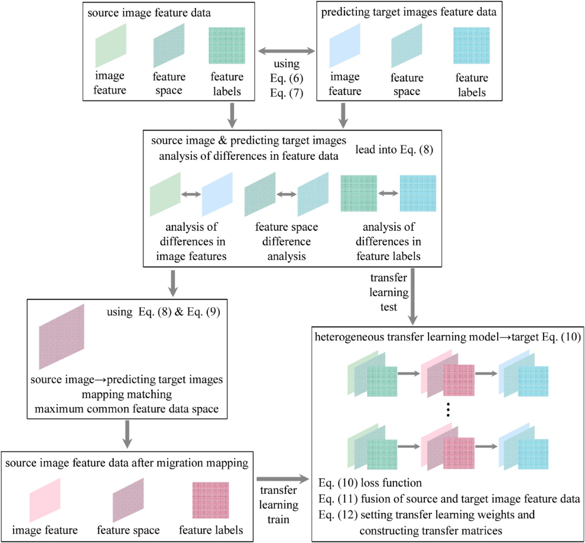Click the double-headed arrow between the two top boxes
[286, 50]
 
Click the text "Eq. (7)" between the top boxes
[287, 92]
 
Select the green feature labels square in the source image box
[227, 46]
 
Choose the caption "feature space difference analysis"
[287, 241]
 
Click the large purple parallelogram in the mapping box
[62, 337]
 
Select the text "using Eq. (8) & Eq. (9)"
[163, 312]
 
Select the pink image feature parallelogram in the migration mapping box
[45, 500]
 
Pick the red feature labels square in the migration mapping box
[211, 501]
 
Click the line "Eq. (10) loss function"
[370, 483]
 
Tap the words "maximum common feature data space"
[127, 408]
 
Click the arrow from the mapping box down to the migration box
[127, 433]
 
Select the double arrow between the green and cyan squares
[389, 193]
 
